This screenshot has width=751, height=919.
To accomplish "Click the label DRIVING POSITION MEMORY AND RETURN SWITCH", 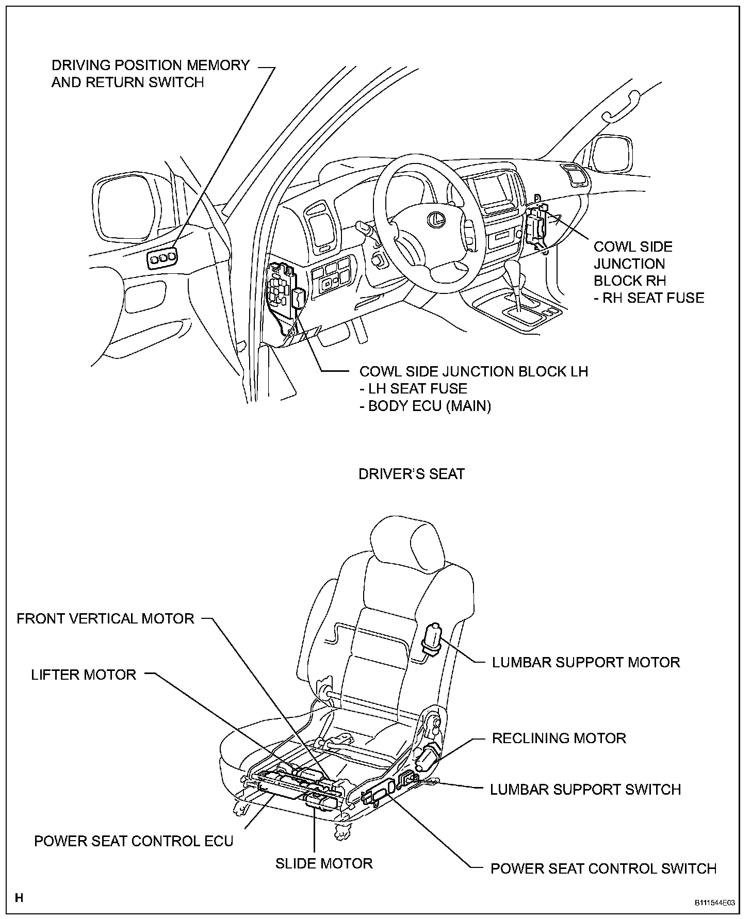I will coord(150,73).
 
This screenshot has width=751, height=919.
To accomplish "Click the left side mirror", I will coord(124,208).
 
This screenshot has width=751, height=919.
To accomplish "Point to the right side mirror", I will coord(613,154).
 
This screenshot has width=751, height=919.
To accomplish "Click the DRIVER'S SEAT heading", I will coord(412,474).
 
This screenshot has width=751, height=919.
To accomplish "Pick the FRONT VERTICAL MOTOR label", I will coord(106,618).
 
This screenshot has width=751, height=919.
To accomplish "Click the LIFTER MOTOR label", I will coord(84,675).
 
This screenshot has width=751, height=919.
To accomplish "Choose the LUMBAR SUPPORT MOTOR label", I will coord(586,662).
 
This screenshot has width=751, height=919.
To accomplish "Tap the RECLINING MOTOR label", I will coord(559,738).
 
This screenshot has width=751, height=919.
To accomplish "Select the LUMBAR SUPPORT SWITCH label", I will coord(585,789).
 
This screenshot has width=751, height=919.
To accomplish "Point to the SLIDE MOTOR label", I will coord(324,863).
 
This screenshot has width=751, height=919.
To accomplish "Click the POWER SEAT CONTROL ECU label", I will coord(134,841).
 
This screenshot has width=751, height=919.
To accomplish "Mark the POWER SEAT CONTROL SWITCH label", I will coord(603,868).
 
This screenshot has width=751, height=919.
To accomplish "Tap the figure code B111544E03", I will coord(714,903).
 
